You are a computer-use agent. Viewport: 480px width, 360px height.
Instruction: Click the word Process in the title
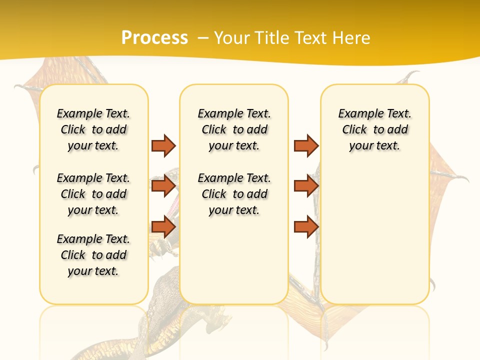tap(154, 37)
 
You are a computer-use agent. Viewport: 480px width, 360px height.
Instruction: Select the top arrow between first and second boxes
tap(163, 145)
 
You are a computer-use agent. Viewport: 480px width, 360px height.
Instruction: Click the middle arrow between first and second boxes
tap(163, 186)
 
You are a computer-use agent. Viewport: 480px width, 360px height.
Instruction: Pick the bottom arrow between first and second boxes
tap(163, 227)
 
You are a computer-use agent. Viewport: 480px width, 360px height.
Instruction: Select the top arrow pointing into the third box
tap(306, 145)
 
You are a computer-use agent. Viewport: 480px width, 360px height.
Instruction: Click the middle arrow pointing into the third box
tap(306, 186)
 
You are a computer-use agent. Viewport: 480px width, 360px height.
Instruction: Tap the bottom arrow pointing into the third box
tap(306, 227)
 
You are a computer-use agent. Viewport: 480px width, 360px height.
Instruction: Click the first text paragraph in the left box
tap(93, 129)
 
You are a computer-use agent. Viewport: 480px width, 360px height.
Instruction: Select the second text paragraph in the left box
tap(93, 194)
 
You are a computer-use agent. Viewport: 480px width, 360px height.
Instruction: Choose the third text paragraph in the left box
tap(93, 255)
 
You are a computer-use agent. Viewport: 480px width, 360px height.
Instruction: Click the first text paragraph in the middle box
tap(234, 129)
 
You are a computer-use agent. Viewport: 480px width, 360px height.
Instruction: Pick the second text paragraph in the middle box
tap(234, 194)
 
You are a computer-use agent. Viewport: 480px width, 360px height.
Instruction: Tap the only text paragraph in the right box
tap(374, 129)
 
